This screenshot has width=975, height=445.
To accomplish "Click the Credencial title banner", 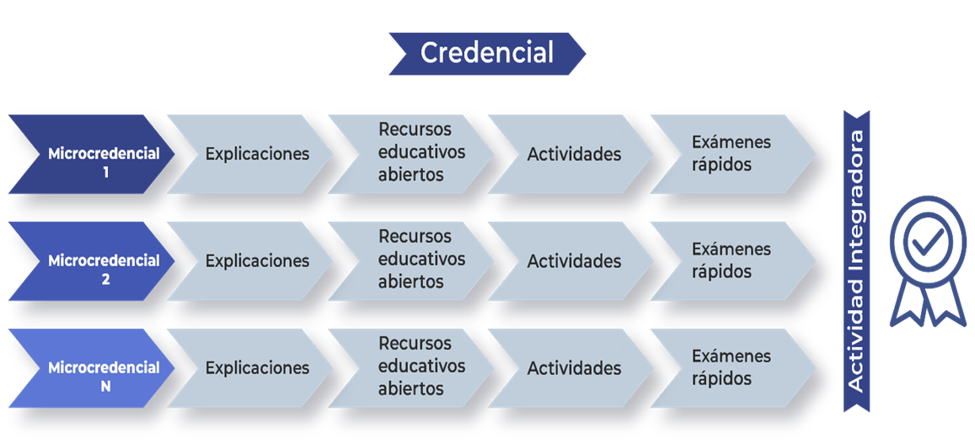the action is (487, 53).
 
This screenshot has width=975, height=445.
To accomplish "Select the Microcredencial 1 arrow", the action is (91, 154).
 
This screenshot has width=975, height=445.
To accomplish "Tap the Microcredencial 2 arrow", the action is (91, 261).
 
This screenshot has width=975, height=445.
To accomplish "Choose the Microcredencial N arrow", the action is (91, 368).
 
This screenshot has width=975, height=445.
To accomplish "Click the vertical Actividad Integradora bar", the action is (856, 261).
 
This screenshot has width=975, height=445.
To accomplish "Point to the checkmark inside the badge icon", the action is (928, 240).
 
